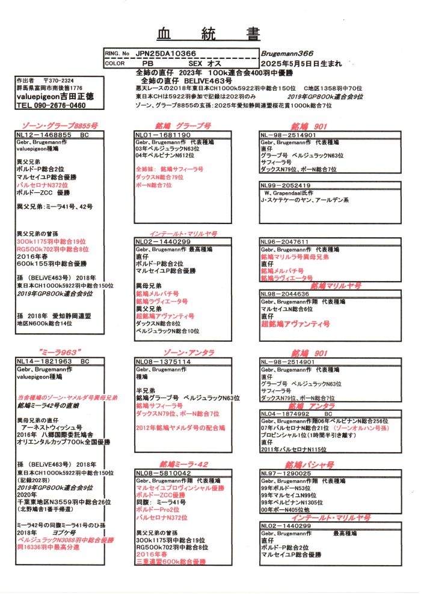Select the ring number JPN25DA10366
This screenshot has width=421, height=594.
[x=170, y=53]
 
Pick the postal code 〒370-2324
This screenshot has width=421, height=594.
[x=58, y=80]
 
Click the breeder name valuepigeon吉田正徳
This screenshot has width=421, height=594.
[x=52, y=96]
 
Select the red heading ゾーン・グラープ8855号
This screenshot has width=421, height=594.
[x=57, y=126]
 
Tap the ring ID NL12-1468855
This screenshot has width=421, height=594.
[x=45, y=136]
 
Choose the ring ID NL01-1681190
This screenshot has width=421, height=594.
[x=164, y=136]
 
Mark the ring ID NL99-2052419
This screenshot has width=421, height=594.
[x=286, y=186]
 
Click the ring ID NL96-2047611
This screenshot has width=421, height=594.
[x=284, y=241]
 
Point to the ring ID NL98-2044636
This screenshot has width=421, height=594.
[x=284, y=294]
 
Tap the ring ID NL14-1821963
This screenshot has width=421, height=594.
[x=45, y=362]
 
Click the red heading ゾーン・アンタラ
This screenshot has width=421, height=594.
[x=185, y=352]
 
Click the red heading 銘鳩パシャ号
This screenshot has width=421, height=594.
[x=309, y=464]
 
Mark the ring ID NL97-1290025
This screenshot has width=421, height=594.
[x=286, y=473]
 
